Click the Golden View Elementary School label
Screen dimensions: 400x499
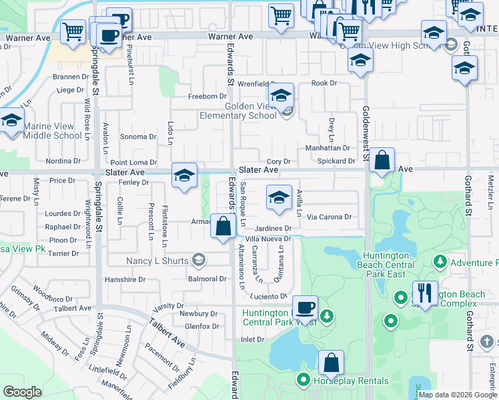click(238, 111)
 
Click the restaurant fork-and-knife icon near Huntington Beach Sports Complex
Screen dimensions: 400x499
click(424, 292)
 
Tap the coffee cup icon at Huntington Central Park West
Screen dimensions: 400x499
click(305, 307)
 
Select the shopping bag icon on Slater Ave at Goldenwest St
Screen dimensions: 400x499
click(382, 160)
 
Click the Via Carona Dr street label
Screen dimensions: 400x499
click(329, 217)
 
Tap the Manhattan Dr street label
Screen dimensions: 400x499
click(328, 148)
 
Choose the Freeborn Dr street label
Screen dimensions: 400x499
click(203, 97)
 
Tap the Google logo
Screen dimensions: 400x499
click(23, 392)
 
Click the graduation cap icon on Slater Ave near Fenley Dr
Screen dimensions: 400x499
click(184, 175)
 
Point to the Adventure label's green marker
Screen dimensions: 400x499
click(440, 263)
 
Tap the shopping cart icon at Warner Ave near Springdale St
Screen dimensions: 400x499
click(73, 31)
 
